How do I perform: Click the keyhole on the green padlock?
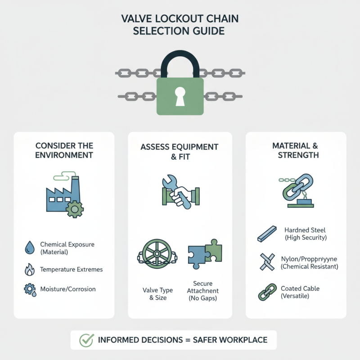pyautogui.click(x=180, y=96)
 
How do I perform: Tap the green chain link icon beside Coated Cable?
pyautogui.click(x=265, y=292)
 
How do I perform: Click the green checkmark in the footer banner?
pyautogui.click(x=86, y=340)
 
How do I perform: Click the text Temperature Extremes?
pyautogui.click(x=71, y=270)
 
